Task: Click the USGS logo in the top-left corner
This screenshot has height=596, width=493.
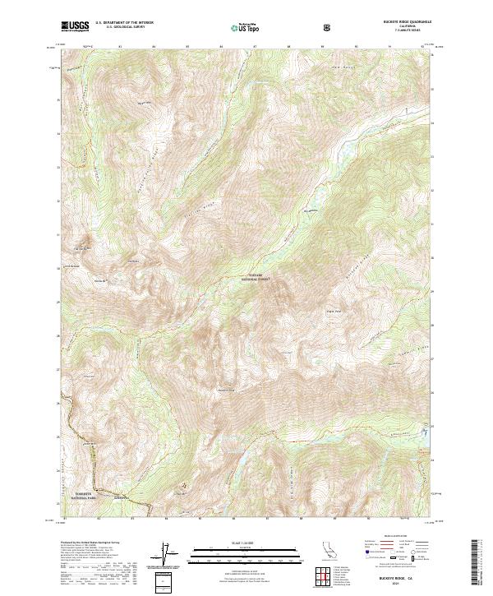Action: [75, 27]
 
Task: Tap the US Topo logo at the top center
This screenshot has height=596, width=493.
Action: [246, 28]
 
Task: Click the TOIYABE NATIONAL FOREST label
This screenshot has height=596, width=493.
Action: [256, 279]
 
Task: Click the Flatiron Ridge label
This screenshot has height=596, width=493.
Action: [217, 196]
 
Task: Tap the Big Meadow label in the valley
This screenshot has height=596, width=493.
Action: [310, 211]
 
